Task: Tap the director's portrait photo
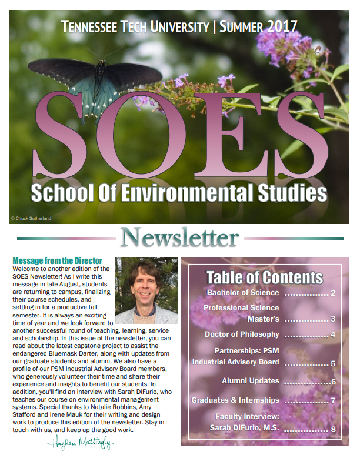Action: pyautogui.click(x=146, y=290)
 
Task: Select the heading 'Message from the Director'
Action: pyautogui.click(x=57, y=260)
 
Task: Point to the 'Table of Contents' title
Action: pyautogui.click(x=265, y=277)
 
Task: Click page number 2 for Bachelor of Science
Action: pyautogui.click(x=333, y=293)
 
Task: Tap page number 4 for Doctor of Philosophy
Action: pyautogui.click(x=333, y=335)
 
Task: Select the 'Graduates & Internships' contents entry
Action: pyautogui.click(x=235, y=400)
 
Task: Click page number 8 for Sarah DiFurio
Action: pyautogui.click(x=333, y=429)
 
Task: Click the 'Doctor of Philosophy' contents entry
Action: pyautogui.click(x=241, y=334)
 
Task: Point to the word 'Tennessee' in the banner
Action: pyautogui.click(x=89, y=26)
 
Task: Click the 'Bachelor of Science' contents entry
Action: pyautogui.click(x=243, y=292)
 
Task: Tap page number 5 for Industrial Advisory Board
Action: pyautogui.click(x=333, y=363)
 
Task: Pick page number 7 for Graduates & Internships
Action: pyautogui.click(x=333, y=401)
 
